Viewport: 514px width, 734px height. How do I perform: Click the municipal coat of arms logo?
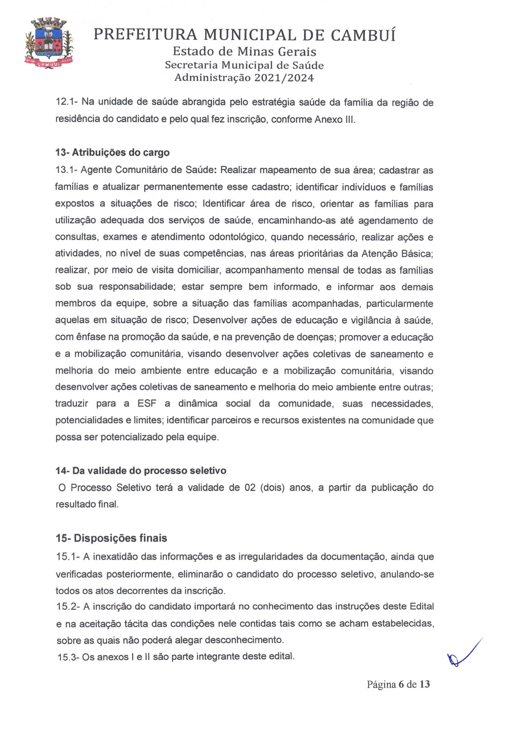click(x=50, y=43)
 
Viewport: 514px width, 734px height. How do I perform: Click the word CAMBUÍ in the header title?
click(x=363, y=35)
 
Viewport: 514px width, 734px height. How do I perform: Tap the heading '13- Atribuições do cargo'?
click(x=112, y=152)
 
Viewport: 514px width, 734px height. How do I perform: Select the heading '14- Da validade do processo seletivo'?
click(x=141, y=470)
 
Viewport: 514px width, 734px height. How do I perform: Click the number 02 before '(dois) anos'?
click(x=250, y=487)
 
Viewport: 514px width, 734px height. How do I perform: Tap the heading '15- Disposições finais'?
click(x=111, y=538)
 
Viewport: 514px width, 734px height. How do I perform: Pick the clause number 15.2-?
click(x=68, y=606)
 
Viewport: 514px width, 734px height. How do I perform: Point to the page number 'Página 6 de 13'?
click(x=398, y=684)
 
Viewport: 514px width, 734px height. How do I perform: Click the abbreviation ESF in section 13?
click(x=147, y=404)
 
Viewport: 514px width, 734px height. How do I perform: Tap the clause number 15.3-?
click(x=69, y=657)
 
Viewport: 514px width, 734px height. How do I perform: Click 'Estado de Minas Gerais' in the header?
click(x=244, y=52)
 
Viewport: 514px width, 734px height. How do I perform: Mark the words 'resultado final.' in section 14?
click(x=87, y=504)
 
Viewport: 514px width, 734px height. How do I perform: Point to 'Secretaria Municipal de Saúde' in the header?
click(x=244, y=65)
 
